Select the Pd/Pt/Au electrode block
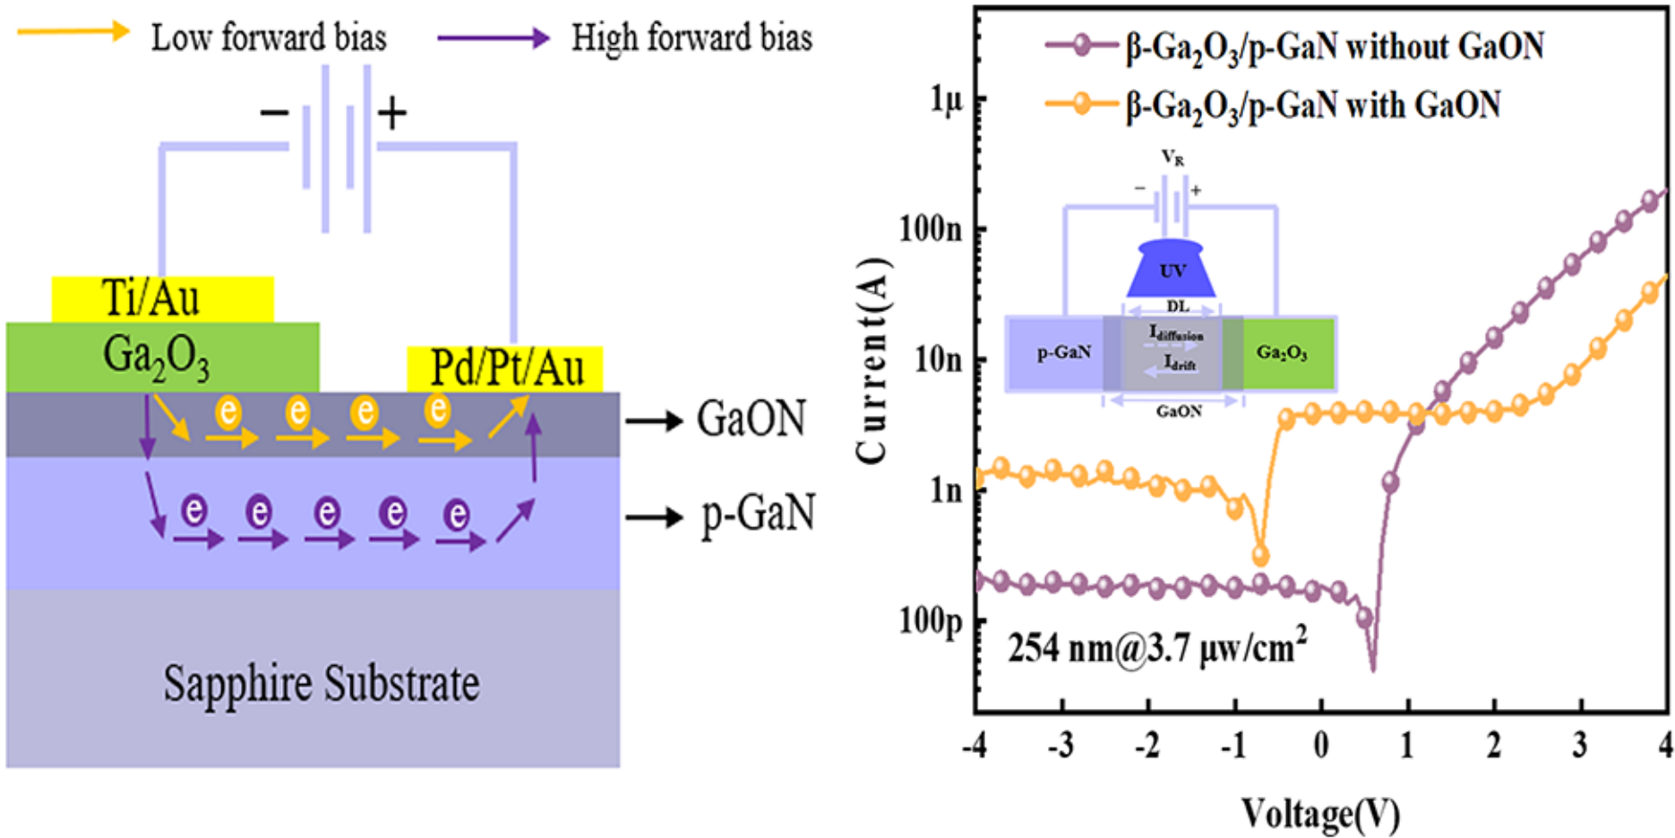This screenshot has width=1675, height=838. [505, 368]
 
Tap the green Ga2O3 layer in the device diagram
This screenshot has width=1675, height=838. [161, 357]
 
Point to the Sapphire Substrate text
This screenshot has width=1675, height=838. [321, 684]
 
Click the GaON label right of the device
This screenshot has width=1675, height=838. [751, 419]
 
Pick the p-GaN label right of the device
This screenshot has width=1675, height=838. [758, 514]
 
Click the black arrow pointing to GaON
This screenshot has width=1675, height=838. [654, 419]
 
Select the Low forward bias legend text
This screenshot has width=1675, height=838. [268, 38]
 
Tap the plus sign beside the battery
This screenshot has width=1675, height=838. [391, 113]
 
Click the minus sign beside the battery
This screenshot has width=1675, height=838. [274, 113]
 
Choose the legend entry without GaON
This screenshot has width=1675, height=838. [1335, 47]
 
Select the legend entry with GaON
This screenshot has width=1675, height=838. [1313, 105]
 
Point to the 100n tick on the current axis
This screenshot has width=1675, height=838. [931, 229]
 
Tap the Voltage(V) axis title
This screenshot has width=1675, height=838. [1320, 813]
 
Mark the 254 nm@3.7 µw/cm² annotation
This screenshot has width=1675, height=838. [1156, 647]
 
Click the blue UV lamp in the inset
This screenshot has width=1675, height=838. [1171, 269]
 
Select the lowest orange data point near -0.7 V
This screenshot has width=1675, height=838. [1260, 557]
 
